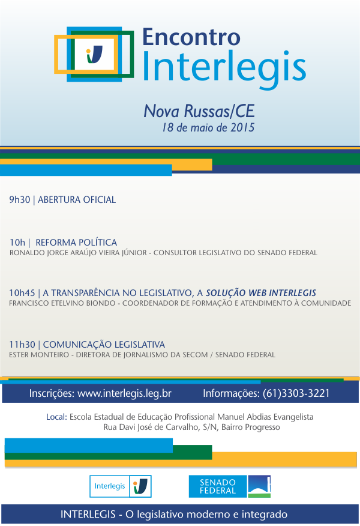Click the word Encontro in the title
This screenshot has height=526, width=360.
click(191, 37)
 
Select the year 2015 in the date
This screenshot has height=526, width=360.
click(243, 127)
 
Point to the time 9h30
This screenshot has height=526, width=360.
click(19, 200)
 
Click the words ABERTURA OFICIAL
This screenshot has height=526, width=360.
click(77, 200)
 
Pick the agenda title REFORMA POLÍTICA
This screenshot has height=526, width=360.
click(76, 243)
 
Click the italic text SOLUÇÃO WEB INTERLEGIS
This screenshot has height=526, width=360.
click(261, 293)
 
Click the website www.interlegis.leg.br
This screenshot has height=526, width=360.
click(125, 394)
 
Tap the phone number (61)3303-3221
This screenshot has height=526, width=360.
click(296, 394)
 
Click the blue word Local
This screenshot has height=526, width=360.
click(56, 417)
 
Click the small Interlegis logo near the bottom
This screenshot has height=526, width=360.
click(121, 486)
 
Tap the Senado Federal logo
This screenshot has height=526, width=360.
click(230, 486)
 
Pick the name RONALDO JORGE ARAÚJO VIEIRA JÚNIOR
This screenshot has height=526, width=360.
click(80, 253)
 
